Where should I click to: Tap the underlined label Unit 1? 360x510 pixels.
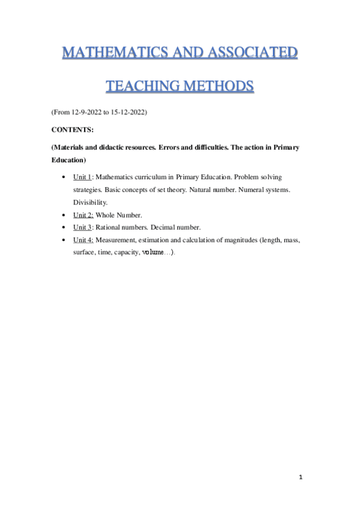(x=82, y=177)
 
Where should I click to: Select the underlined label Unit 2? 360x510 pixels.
(x=83, y=215)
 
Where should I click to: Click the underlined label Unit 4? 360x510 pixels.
(x=83, y=240)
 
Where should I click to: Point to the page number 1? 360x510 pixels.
(x=301, y=477)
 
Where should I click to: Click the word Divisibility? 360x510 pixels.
(x=91, y=202)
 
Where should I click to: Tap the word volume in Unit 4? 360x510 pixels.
(x=153, y=253)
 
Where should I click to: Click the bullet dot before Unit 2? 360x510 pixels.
(x=64, y=215)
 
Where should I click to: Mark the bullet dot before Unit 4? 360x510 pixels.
(x=64, y=240)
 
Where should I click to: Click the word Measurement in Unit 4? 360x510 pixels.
(x=117, y=240)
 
